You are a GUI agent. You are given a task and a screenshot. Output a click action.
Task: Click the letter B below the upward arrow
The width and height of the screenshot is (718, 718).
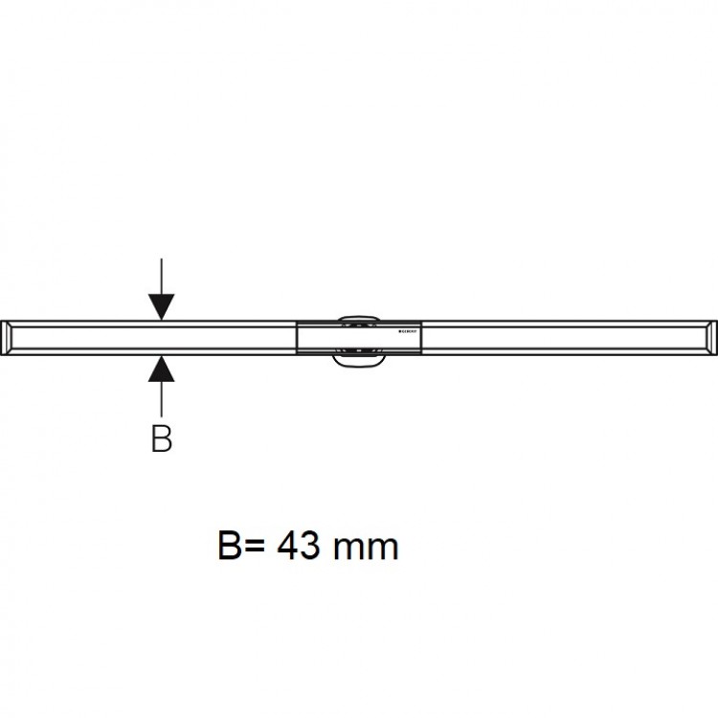161,438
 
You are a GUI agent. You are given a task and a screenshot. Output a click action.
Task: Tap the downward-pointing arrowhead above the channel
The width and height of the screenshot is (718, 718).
161,306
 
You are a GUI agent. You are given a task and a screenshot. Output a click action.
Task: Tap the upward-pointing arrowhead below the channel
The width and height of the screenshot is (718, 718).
161,368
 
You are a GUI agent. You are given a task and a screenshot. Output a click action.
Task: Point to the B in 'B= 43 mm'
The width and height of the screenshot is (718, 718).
233,547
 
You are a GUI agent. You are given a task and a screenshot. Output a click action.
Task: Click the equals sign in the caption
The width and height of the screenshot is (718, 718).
257,547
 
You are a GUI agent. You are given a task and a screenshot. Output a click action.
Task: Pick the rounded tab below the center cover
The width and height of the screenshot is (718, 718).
358,360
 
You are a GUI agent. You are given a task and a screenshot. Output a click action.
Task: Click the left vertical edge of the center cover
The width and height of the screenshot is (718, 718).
299,337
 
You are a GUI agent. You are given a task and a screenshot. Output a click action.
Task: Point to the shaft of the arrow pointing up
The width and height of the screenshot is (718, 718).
161,397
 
